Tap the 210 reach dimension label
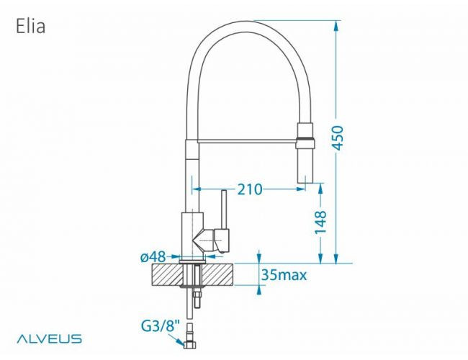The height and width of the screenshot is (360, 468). [x=248, y=189]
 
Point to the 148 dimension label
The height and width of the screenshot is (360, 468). [x=321, y=222]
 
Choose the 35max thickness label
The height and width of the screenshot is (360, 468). [x=284, y=275]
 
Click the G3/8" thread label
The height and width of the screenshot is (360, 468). [x=160, y=326]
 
